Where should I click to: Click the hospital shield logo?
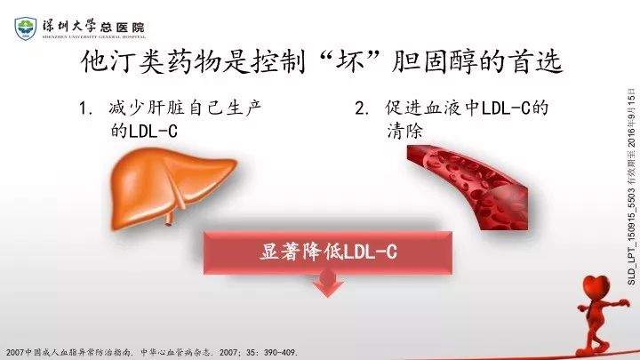[x=25, y=28]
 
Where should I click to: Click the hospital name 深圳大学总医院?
[x=94, y=27]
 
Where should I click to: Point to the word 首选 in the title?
[x=537, y=62]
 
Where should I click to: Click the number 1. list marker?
[x=86, y=108]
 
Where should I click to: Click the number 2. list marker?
[x=363, y=108]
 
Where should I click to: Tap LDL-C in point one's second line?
[x=153, y=132]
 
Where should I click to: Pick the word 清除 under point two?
[x=404, y=132]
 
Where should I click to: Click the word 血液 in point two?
[x=442, y=108]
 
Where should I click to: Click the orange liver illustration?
[x=172, y=187]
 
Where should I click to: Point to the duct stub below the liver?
[x=170, y=219]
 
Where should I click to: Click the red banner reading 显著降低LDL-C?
[x=328, y=252]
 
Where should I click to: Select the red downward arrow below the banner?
[x=328, y=284]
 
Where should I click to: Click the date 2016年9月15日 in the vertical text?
[x=631, y=118]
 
